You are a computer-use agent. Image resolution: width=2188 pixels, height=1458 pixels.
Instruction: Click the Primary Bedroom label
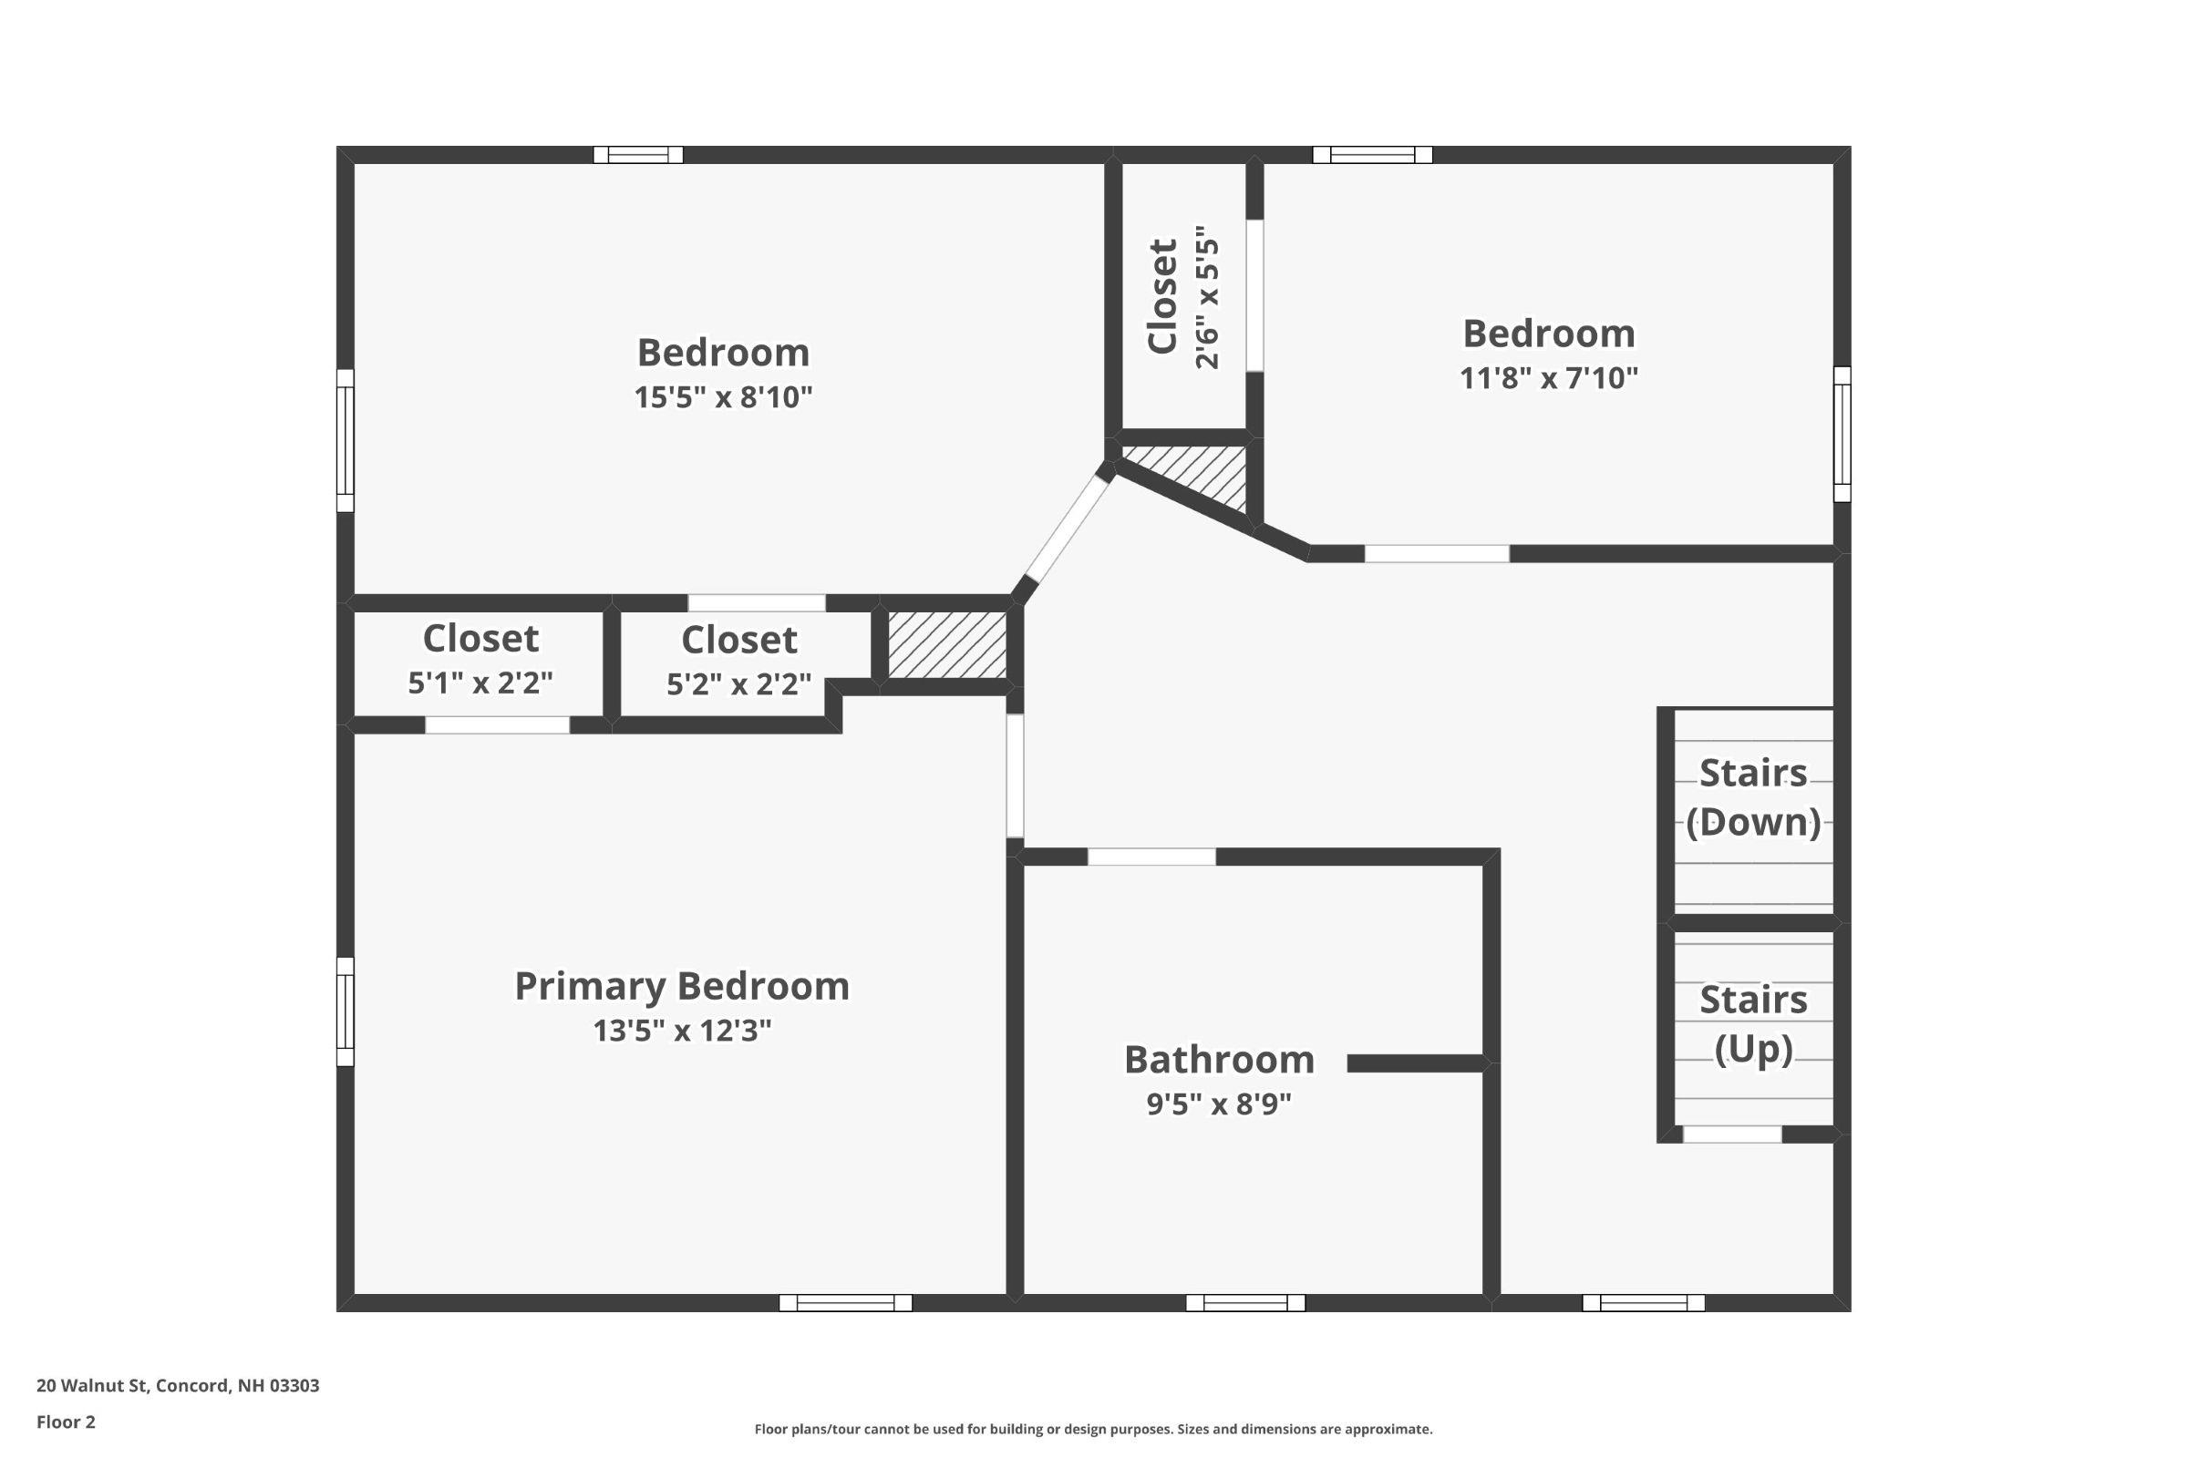682,987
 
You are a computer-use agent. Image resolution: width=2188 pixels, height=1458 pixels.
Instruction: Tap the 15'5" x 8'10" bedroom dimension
723,398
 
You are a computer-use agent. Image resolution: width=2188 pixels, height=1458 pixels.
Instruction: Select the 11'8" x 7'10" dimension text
1548,378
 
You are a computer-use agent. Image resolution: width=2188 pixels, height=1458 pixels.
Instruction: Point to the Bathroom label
1219,1060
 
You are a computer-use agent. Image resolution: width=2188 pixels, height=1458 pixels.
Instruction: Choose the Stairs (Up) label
1752,1024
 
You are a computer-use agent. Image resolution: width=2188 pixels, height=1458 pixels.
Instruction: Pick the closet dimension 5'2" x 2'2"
738,684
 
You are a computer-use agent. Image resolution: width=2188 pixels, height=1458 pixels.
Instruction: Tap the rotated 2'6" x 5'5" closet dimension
1206,297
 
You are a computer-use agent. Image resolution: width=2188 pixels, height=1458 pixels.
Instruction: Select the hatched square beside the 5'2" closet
947,644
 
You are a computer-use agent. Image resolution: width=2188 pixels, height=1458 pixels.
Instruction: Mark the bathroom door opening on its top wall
1151,857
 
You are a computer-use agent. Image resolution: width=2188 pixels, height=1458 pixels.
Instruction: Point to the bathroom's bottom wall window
1244,1303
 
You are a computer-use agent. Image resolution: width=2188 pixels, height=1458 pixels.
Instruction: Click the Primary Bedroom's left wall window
346,1011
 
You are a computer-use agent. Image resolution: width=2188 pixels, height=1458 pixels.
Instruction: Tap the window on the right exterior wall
1842,435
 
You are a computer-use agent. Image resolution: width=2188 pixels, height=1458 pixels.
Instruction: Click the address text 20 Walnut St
178,1385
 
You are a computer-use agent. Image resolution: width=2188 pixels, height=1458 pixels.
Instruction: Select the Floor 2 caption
66,1422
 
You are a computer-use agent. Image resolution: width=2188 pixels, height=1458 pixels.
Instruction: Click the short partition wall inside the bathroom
1414,1063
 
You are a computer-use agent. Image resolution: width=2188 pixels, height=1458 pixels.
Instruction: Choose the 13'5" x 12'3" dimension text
682,1032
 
